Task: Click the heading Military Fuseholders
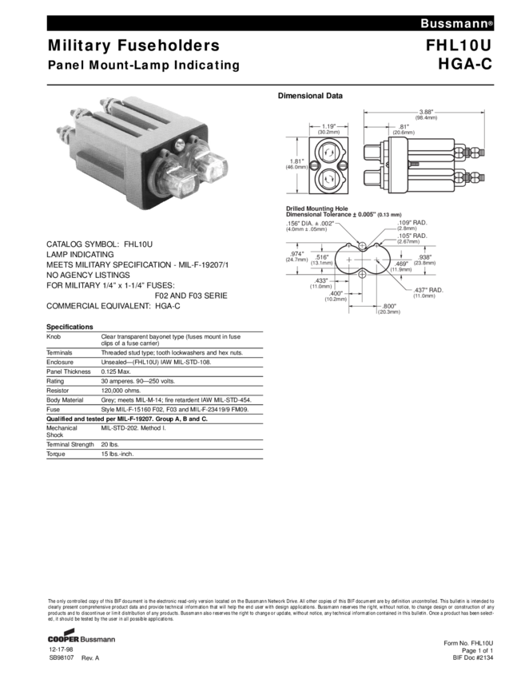pyautogui.click(x=133, y=46)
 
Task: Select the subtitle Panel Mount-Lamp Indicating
pyautogui.click(x=143, y=66)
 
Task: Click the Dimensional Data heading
pyautogui.click(x=310, y=96)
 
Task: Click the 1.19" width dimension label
pyautogui.click(x=328, y=125)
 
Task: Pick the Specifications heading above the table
pyautogui.click(x=70, y=327)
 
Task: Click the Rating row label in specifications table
pyautogui.click(x=54, y=381)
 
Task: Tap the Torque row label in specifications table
pyautogui.click(x=55, y=454)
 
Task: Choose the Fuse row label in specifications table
pyautogui.click(x=52, y=408)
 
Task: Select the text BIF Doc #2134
pyautogui.click(x=473, y=658)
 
